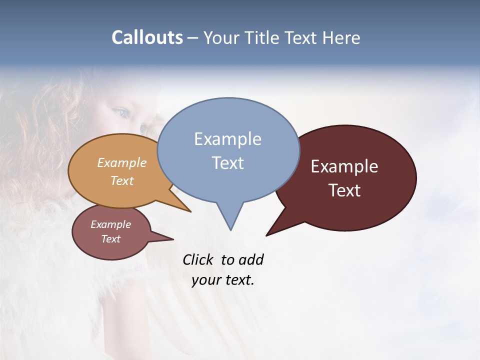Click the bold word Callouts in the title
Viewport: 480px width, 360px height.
147,37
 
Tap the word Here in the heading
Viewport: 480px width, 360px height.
339,37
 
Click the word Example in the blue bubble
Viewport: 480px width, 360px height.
227,139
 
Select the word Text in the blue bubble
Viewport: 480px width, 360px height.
227,163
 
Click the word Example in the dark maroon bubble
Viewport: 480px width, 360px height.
344,166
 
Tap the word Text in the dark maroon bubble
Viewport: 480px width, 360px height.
344,190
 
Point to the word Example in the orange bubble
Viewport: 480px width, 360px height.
122,163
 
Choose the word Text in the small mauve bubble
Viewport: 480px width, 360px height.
111,239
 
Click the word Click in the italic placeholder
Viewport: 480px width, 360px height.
197,260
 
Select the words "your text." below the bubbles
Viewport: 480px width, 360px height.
223,280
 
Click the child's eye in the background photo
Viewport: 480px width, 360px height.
120,112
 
